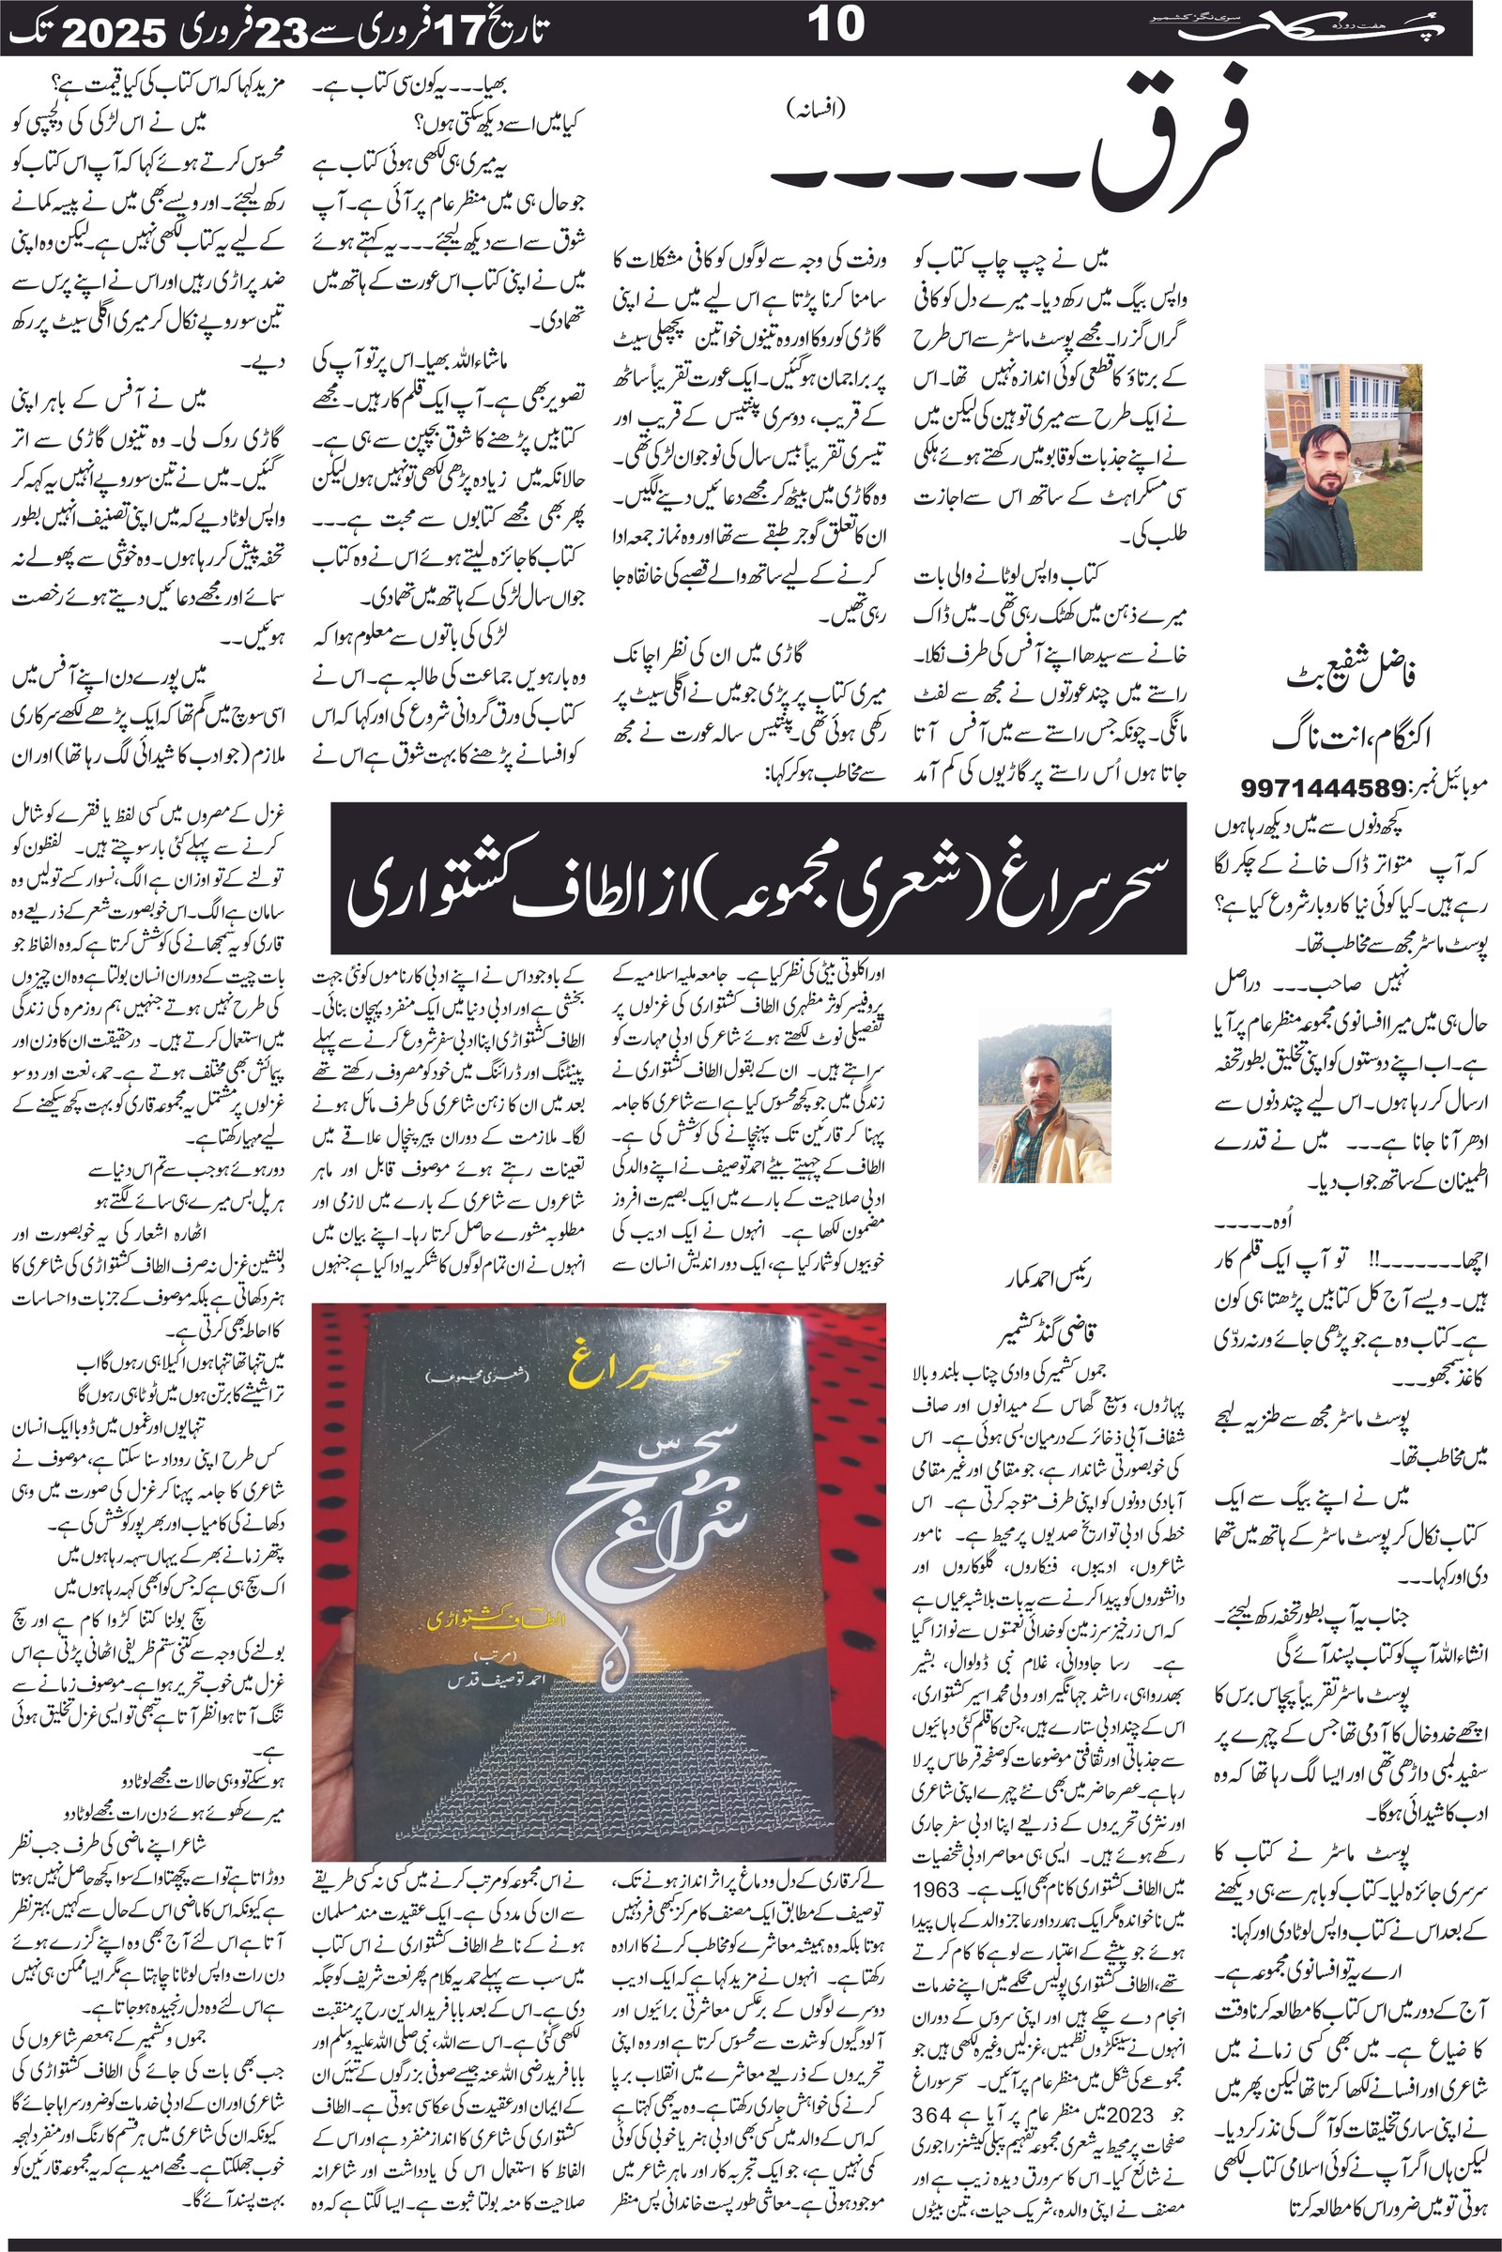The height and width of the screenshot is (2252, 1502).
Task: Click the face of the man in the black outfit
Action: pos(1326,451)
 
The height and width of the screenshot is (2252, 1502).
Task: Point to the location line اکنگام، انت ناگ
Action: pos(1342,738)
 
